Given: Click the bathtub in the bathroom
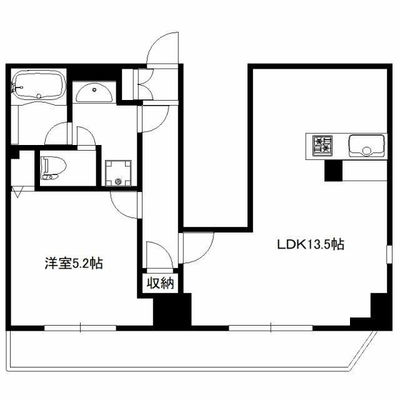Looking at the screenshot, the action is (x=39, y=84).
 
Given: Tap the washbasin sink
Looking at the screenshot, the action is (x=94, y=94).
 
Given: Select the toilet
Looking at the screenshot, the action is (x=54, y=168).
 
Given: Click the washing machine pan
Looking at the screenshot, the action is (x=118, y=174).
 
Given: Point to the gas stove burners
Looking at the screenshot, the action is (x=322, y=146).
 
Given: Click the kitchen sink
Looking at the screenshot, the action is (x=366, y=146).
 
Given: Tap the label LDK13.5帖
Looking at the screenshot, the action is (x=311, y=244).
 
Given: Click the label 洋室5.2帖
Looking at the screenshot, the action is (x=74, y=263).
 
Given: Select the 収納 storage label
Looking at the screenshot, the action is (x=161, y=283).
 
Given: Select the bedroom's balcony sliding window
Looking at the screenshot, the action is (x=81, y=327).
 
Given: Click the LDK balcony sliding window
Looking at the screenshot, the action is (x=271, y=327).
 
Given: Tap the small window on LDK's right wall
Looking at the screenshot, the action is (x=389, y=254).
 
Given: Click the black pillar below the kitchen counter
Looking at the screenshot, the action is (x=333, y=171).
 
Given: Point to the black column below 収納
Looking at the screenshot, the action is (x=172, y=309).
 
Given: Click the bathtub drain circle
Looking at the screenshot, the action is (x=39, y=96).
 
